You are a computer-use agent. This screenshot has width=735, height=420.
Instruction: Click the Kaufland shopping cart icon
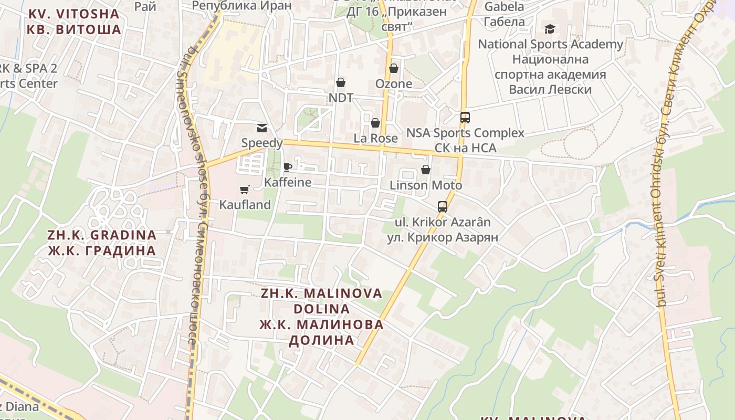tap(244, 190)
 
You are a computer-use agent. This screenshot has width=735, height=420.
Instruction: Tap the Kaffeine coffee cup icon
tap(287, 167)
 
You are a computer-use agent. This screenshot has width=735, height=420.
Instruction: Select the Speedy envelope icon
tap(261, 128)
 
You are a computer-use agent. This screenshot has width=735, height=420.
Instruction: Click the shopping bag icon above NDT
tap(341, 82)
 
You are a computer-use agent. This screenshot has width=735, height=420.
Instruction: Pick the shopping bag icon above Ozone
tap(394, 68)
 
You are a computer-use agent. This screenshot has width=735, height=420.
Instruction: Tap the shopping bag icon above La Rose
tap(375, 123)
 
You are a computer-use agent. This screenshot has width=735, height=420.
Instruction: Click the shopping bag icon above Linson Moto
tap(426, 170)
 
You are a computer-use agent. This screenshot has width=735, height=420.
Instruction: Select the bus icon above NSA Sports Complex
tap(465, 118)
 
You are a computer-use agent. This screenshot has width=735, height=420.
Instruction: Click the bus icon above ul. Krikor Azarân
tap(443, 207)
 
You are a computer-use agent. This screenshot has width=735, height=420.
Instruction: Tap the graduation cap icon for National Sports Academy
tap(550, 29)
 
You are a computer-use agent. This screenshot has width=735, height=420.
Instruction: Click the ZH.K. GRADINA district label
tap(102, 235)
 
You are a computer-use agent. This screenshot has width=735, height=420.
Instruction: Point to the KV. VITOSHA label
tap(74, 14)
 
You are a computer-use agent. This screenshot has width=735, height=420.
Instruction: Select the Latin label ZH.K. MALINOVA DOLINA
tap(321, 301)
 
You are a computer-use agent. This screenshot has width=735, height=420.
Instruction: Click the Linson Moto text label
tap(426, 185)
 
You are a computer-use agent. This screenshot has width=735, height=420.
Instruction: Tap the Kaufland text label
tap(245, 205)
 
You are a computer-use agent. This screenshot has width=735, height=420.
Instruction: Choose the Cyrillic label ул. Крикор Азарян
tap(443, 237)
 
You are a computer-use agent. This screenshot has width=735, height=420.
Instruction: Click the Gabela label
tap(504, 7)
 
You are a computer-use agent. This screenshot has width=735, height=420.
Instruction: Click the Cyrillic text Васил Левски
tap(550, 89)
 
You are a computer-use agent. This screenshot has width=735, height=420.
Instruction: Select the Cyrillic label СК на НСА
tap(465, 148)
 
